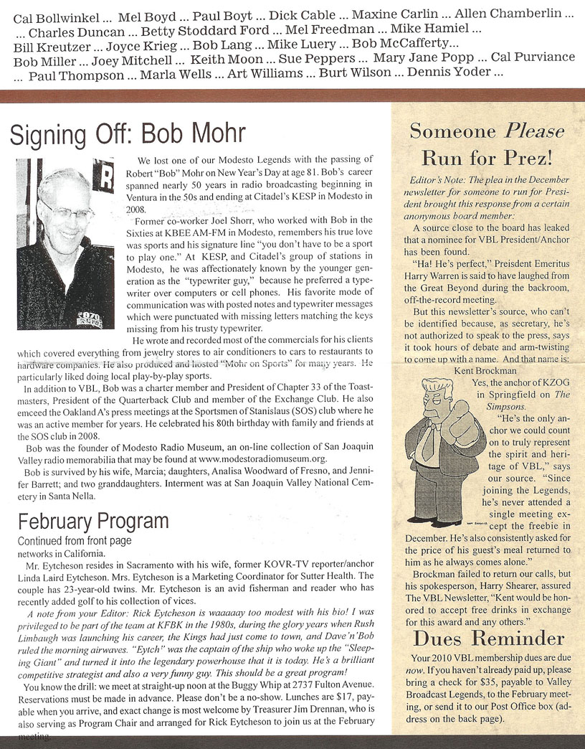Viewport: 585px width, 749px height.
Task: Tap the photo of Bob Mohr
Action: pos(65,233)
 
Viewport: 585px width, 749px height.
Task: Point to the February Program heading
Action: pos(93,520)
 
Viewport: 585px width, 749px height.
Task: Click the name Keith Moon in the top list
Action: pos(227,58)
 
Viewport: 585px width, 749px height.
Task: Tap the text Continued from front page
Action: pos(75,540)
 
